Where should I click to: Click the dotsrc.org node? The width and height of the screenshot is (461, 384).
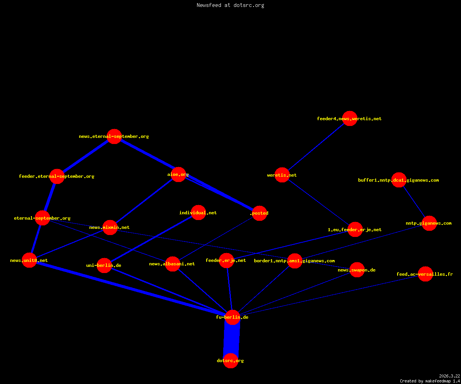point(231,361)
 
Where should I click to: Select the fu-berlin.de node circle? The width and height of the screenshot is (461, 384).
point(232,317)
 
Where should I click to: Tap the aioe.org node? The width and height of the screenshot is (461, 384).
point(178,175)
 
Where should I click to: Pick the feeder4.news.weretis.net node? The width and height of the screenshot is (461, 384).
point(350,119)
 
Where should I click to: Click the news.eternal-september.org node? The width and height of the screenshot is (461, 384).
point(114,136)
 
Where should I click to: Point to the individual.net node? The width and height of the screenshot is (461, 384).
point(199,212)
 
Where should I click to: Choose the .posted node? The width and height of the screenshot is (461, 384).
point(260,213)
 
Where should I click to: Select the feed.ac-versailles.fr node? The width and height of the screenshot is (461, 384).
point(425,274)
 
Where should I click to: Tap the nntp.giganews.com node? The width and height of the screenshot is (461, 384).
point(429,223)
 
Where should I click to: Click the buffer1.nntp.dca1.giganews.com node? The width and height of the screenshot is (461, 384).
point(399,180)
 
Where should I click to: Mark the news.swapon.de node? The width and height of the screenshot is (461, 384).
point(357,270)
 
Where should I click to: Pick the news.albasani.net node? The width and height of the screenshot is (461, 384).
point(172,264)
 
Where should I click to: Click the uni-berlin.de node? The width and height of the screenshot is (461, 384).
point(104,265)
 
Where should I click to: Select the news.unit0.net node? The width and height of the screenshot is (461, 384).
point(29,260)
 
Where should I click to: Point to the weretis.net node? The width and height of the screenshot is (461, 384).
point(282,175)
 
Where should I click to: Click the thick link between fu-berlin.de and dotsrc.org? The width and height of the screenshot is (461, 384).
point(232,339)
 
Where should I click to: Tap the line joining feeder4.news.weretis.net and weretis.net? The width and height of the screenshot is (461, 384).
point(316,147)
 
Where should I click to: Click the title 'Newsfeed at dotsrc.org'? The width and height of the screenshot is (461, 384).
point(230,5)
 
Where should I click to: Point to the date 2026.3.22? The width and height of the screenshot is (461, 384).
point(449,376)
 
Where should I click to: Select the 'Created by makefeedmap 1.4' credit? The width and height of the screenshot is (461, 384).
point(430,381)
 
